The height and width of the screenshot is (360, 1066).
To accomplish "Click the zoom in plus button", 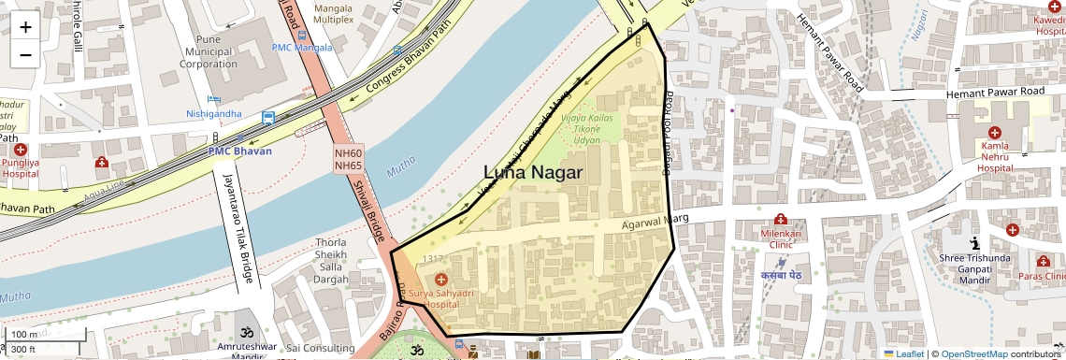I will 25,26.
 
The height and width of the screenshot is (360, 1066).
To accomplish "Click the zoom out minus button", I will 25,54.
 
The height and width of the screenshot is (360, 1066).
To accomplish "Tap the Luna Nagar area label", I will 533,173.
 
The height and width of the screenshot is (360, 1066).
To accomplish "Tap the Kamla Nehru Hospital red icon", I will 994,134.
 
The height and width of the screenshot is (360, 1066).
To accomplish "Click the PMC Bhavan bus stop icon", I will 268,118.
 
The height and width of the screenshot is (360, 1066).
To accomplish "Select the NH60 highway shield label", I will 348,152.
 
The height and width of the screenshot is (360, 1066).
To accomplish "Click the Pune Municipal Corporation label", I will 209,52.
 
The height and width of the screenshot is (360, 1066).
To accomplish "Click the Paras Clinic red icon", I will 1043,261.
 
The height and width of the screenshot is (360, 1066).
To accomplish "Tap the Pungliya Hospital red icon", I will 20,150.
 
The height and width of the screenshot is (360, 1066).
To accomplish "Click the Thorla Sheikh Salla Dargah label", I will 331,261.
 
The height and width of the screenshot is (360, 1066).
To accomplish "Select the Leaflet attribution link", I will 904,353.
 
